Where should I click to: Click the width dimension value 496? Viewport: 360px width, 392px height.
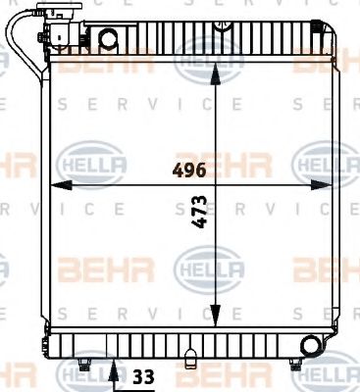pyautogui.click(x=188, y=170)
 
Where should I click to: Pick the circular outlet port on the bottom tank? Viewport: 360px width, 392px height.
pyautogui.click(x=311, y=346)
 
